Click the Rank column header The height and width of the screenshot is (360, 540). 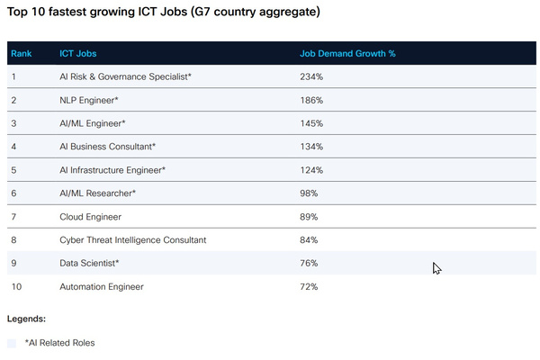click(21, 53)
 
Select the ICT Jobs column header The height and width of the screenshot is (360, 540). click(77, 53)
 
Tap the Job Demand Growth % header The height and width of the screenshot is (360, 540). click(347, 53)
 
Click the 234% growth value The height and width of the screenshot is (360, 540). click(311, 76)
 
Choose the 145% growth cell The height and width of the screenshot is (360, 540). click(311, 123)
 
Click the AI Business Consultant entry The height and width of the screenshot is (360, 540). click(108, 147)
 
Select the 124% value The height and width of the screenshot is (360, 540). click(311, 170)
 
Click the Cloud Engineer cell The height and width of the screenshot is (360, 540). click(90, 217)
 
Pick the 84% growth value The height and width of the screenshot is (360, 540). click(310, 240)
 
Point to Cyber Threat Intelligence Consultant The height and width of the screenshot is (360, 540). click(133, 240)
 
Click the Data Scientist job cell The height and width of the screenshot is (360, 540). click(89, 264)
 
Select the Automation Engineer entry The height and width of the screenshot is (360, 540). click(102, 287)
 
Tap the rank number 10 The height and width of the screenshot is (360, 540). click(15, 287)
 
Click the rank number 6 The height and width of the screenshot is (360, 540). click(13, 193)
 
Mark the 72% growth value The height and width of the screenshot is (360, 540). click(310, 287)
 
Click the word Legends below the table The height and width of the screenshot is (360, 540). click(26, 319)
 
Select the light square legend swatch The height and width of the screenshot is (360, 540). click(12, 343)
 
